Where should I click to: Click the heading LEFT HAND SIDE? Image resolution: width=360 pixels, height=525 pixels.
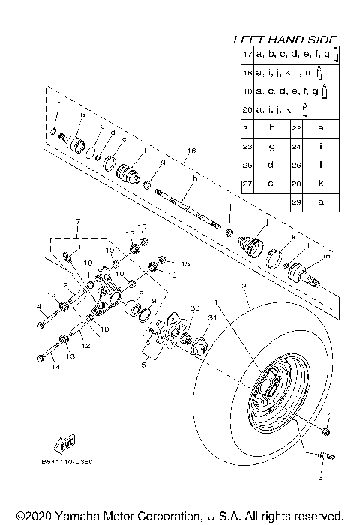click(285, 40)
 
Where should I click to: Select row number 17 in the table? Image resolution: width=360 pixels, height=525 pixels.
click(247, 55)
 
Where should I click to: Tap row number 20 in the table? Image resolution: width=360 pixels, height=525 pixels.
click(247, 110)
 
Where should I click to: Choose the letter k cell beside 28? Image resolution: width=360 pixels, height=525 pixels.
click(320, 184)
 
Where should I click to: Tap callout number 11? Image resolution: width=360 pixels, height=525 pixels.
click(82, 247)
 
